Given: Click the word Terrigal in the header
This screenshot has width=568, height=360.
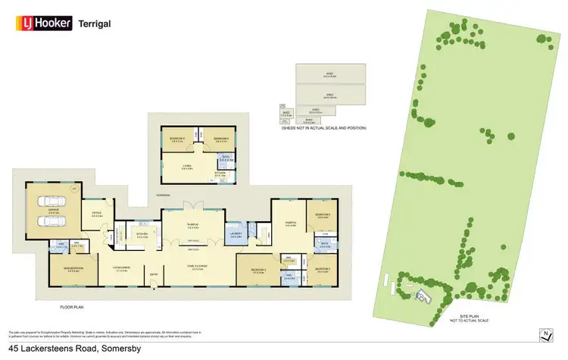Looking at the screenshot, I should point(95,23).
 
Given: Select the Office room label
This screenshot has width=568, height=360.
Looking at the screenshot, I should point(97,213).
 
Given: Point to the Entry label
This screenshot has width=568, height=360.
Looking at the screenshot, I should point(153,274).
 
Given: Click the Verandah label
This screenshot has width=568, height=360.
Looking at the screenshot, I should point(163,195).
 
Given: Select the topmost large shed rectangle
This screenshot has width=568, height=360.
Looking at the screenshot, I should point(329,74).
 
